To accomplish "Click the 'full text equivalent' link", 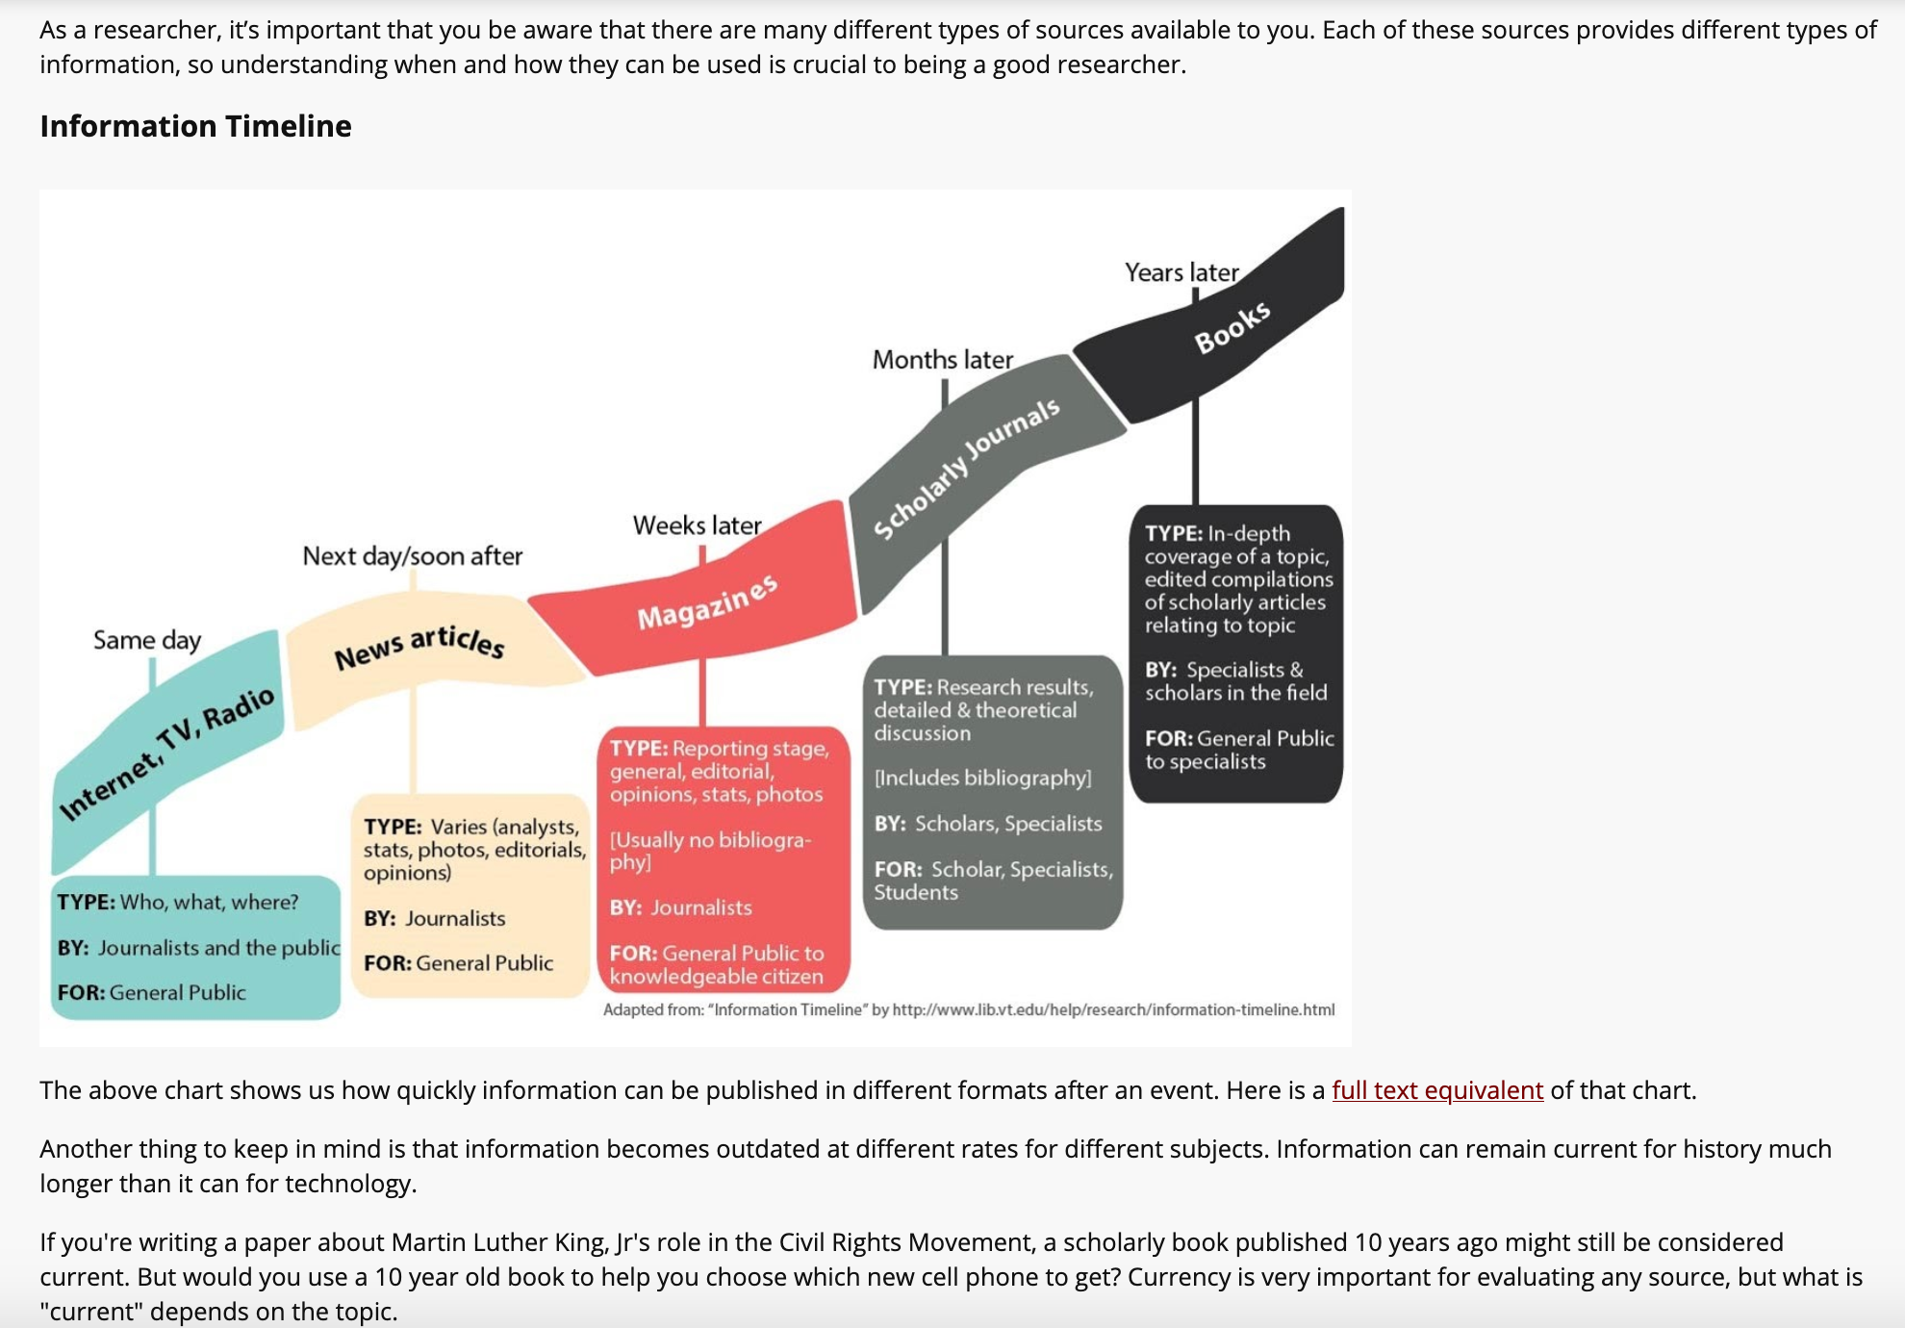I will point(1436,1090).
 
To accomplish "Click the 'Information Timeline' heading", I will point(195,126).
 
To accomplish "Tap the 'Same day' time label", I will point(146,640).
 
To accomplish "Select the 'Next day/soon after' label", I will point(412,556).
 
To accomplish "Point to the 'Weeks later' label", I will point(697,525).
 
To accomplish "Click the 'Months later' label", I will point(942,360).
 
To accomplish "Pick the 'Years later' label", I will point(1181,272).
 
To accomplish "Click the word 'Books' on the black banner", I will point(1232,327).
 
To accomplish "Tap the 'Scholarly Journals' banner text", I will point(966,469).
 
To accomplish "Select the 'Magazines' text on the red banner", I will point(707,602).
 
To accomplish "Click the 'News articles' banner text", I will point(419,647).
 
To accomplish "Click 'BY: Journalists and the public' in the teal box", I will point(197,948).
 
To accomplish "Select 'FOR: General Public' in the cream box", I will point(458,963).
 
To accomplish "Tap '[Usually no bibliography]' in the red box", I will point(709,851).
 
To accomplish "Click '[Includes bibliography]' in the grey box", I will point(982,778).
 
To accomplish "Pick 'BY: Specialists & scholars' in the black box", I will point(1234,681).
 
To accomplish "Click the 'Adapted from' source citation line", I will point(968,1009).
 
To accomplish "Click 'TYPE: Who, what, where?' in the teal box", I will point(177,903).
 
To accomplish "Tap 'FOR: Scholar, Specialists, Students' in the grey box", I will point(992,881).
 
